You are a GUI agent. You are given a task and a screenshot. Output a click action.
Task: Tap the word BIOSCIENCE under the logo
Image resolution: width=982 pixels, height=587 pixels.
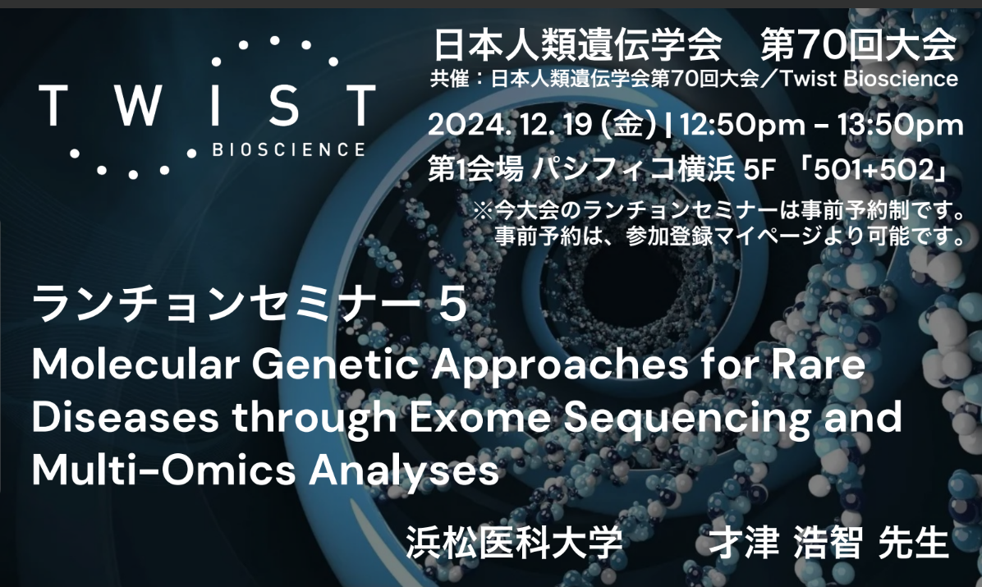[288, 150]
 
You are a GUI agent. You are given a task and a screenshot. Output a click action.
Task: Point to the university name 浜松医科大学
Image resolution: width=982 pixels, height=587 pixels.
[515, 543]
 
